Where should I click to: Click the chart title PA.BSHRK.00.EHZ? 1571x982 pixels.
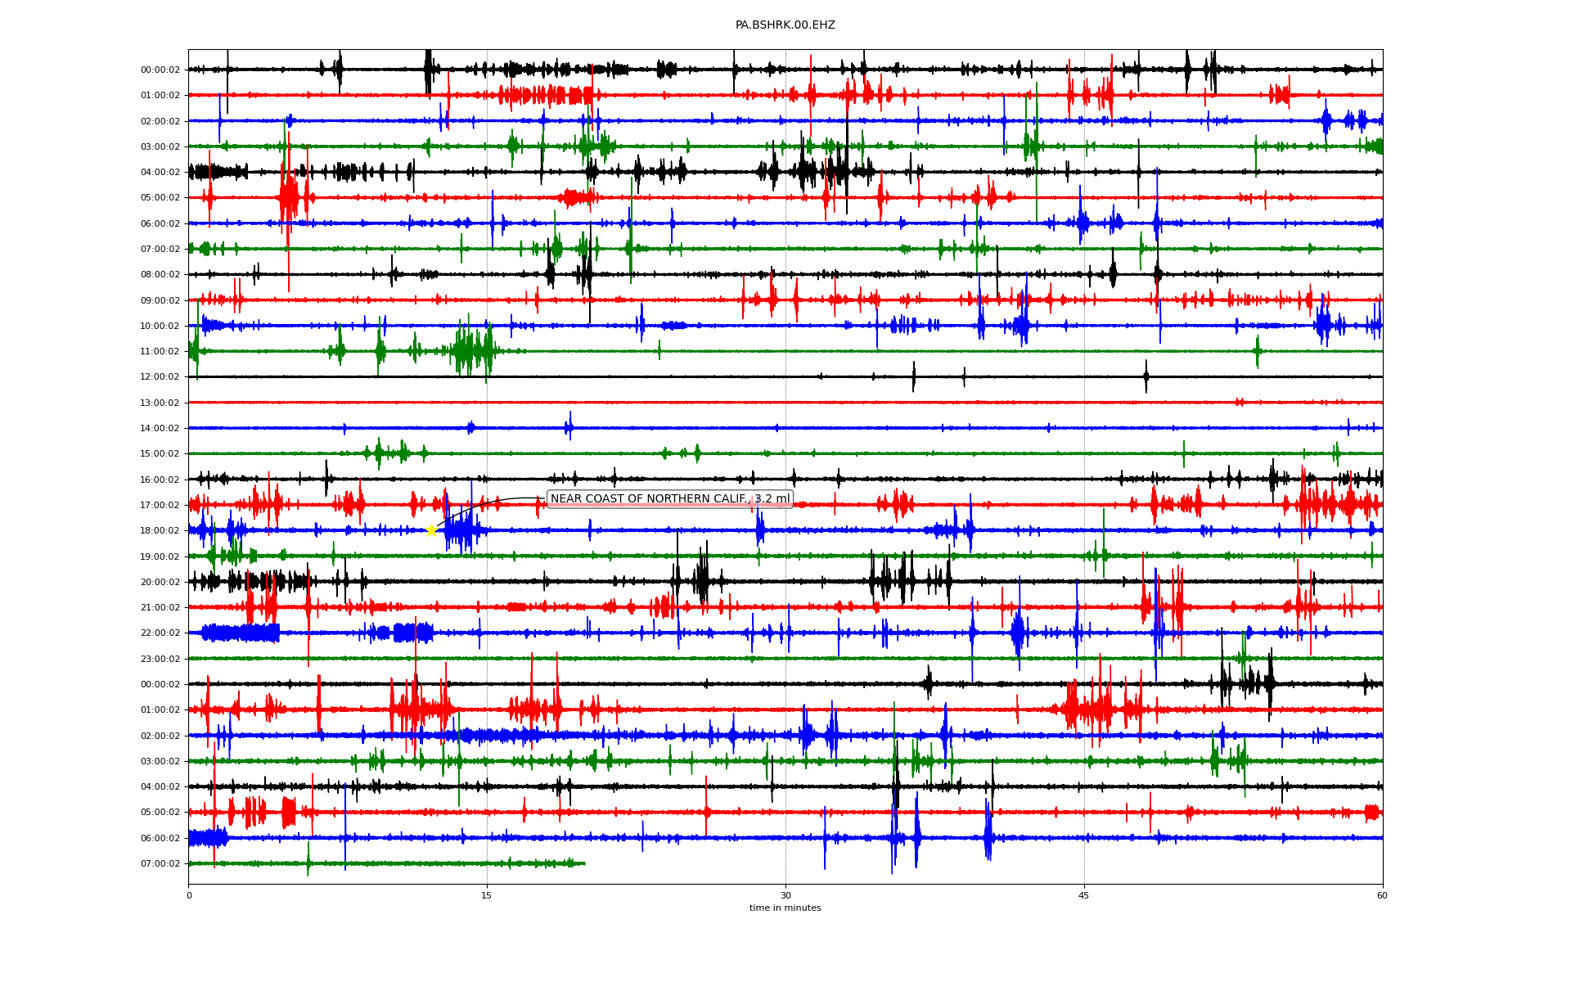(x=785, y=25)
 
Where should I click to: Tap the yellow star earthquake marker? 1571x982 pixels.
(x=431, y=530)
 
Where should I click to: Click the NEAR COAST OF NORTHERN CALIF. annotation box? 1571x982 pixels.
(x=668, y=499)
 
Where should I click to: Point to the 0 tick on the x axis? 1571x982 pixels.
(x=189, y=895)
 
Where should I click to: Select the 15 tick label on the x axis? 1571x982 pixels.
(x=487, y=895)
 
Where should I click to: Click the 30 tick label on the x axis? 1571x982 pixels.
(x=785, y=895)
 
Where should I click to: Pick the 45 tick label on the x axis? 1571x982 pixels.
(x=1084, y=895)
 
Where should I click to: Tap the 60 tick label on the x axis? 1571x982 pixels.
(x=1382, y=895)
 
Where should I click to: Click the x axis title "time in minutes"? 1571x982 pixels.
(x=785, y=908)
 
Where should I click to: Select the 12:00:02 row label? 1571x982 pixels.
(x=160, y=377)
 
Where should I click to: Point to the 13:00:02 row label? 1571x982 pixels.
(x=160, y=403)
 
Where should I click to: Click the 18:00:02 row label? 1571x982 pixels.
(x=160, y=531)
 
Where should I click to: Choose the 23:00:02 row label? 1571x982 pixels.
(x=160, y=659)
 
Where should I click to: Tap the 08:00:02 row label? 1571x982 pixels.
(x=160, y=275)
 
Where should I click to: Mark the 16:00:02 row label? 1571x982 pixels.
(x=160, y=480)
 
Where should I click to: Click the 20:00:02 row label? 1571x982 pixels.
(x=160, y=582)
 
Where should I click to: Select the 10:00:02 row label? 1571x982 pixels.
(x=160, y=326)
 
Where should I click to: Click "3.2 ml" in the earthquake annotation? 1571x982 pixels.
(x=772, y=499)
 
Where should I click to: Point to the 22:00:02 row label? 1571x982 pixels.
(x=160, y=633)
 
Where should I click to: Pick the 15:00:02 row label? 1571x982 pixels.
(x=160, y=454)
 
